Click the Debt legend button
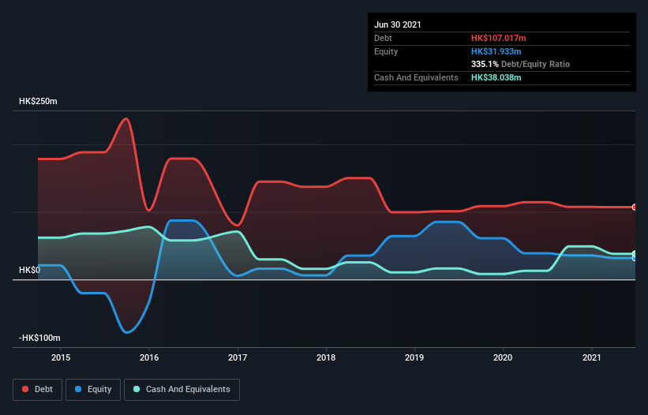(36, 389)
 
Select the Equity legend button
(93, 389)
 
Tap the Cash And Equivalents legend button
(182, 389)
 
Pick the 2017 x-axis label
(237, 357)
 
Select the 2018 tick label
(325, 357)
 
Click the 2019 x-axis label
(414, 357)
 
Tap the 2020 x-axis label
(502, 357)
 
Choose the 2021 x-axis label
(590, 357)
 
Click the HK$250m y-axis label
(39, 102)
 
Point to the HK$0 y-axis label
(29, 271)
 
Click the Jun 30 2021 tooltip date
(398, 24)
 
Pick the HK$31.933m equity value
(496, 51)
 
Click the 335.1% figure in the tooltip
(485, 64)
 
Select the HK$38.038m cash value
(496, 77)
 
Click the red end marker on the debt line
(635, 207)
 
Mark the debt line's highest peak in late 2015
(125, 119)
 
